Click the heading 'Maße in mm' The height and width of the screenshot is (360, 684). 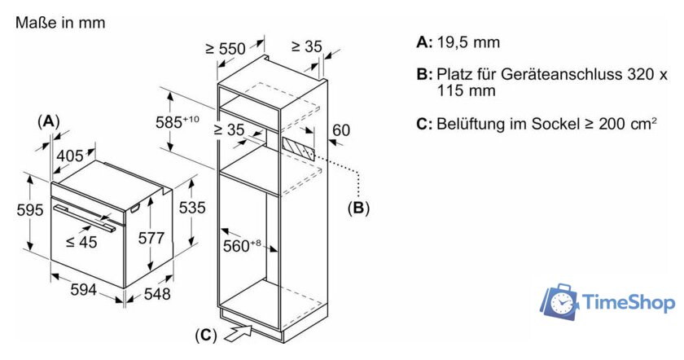click(x=61, y=23)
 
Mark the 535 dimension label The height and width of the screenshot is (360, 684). click(x=192, y=208)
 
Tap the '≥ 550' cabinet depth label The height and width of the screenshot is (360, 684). click(x=226, y=49)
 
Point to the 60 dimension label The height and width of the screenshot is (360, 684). click(x=341, y=130)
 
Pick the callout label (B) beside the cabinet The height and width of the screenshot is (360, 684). click(x=358, y=208)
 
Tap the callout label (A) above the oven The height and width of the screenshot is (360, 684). click(x=50, y=121)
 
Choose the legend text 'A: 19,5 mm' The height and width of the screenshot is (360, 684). click(x=458, y=42)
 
